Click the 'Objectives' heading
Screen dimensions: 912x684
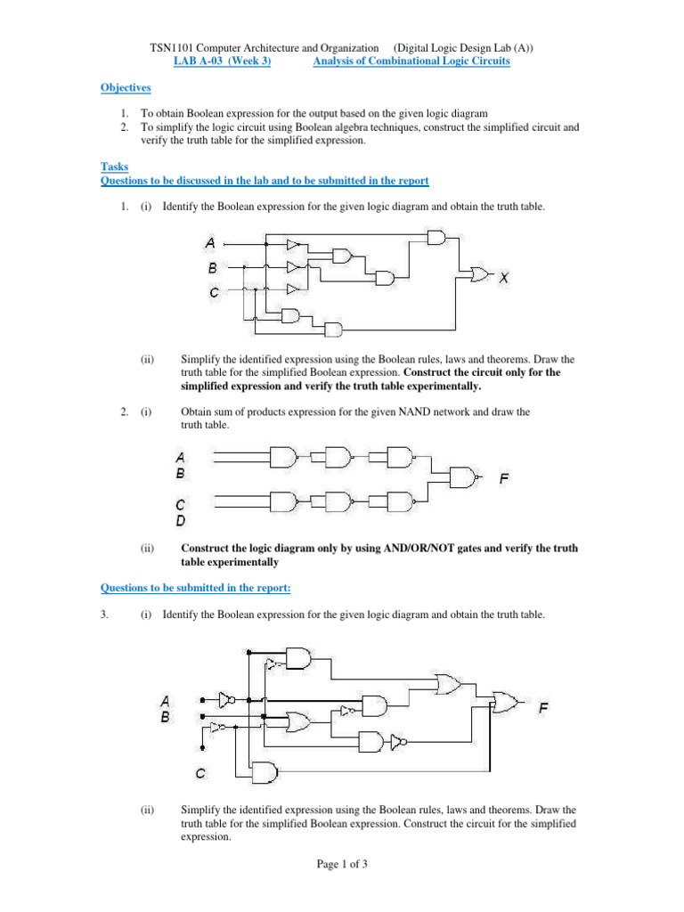(x=125, y=87)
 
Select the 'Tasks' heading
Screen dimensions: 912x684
(x=114, y=167)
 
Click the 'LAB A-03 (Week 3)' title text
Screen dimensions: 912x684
(x=222, y=61)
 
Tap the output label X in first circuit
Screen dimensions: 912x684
(x=504, y=278)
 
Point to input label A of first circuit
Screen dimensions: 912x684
(x=210, y=242)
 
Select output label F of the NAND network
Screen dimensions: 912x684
(x=504, y=478)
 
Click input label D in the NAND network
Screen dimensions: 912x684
(x=181, y=520)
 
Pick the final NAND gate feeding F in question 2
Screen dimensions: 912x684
(x=461, y=478)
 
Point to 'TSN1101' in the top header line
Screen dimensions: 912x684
(x=168, y=47)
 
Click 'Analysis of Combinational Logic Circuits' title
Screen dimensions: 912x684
(x=411, y=61)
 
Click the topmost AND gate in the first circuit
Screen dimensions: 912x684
(x=436, y=236)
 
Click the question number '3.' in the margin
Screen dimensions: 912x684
(x=104, y=615)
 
